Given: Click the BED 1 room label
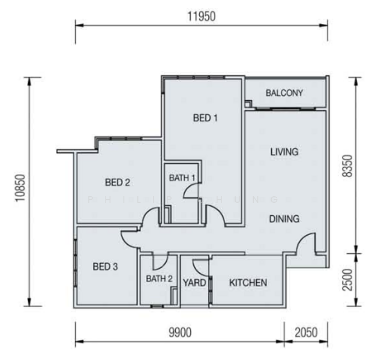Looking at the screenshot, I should [x=205, y=118].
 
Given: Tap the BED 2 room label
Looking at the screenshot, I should [x=118, y=182].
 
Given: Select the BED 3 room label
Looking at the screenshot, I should [x=105, y=267].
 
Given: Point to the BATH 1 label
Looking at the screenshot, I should [x=182, y=178].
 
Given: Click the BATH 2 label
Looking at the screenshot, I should [x=159, y=278].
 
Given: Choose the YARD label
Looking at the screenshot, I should [x=194, y=283].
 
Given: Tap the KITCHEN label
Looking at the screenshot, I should [x=248, y=282].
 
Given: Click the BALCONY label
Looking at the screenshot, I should [x=284, y=93].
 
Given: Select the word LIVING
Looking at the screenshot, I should [x=284, y=152].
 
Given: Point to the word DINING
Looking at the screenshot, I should [x=284, y=219].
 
